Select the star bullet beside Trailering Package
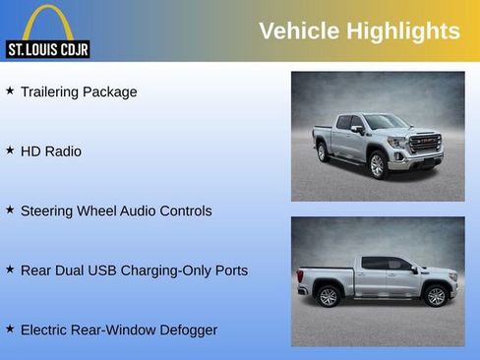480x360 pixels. pos(10,90)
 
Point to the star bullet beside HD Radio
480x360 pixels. pos(10,150)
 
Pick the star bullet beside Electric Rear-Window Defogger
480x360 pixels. pos(10,329)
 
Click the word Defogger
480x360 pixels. pos(185,330)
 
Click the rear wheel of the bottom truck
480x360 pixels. pos(329,295)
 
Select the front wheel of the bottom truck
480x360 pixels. pos(435,294)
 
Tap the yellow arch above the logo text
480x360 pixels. pos(47,20)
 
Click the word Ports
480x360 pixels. pos(229,270)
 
